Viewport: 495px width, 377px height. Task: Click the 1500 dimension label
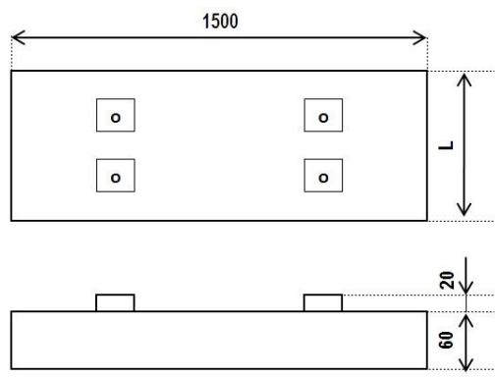coord(219,21)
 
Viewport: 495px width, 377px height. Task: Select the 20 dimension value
coord(448,279)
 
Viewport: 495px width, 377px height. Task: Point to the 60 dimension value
coord(448,340)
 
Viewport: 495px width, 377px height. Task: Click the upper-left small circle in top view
coord(116,117)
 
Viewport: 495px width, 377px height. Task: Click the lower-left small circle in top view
coord(116,177)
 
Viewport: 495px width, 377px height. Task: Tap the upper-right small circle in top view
coord(323,117)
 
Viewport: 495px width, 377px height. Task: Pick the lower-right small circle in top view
coord(323,177)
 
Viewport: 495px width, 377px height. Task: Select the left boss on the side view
coord(115,302)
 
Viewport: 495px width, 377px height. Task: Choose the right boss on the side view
coord(323,302)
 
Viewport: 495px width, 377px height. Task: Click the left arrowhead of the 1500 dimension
coord(17,39)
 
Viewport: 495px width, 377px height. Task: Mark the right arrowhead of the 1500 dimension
coord(421,39)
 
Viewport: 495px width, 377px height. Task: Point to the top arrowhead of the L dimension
coord(466,79)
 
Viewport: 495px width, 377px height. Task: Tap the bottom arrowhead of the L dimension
coord(466,211)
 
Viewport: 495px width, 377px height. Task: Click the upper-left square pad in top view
coord(115,117)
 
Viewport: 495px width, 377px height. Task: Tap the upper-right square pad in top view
coord(323,117)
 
